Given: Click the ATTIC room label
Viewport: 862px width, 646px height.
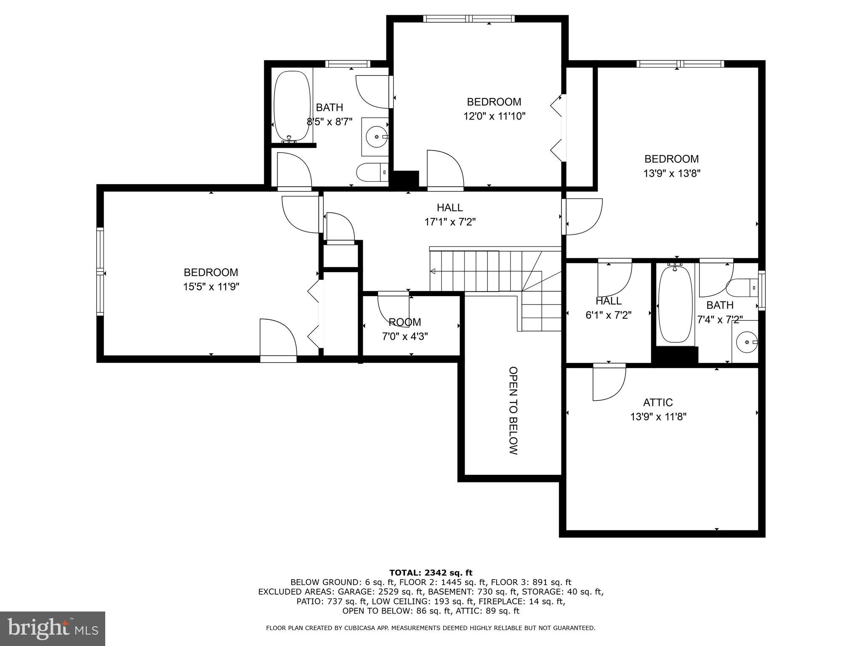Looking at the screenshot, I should tap(658, 402).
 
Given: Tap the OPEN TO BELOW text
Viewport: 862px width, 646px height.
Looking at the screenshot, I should tap(513, 410).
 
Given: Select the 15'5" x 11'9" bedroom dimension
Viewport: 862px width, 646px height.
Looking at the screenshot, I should tap(211, 287).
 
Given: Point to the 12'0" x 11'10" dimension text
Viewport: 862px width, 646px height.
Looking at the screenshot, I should tap(494, 116).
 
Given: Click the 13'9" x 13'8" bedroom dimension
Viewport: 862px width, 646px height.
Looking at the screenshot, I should tap(671, 173).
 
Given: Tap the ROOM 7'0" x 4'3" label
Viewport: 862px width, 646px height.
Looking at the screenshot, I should tap(404, 329).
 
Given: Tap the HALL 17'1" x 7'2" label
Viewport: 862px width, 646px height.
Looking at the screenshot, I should tap(450, 214).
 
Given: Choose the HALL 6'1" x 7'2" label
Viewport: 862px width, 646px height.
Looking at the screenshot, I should tap(608, 308).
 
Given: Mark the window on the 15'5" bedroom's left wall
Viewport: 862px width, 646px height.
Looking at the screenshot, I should tap(100, 271).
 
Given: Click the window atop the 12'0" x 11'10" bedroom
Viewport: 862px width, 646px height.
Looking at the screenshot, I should tap(468, 19).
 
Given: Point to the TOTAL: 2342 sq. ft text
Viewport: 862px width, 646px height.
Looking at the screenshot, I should tap(431, 572).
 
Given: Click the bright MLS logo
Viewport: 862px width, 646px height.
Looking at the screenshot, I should tap(53, 628).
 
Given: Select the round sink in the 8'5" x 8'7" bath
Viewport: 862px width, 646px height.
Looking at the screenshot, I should tap(374, 137).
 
